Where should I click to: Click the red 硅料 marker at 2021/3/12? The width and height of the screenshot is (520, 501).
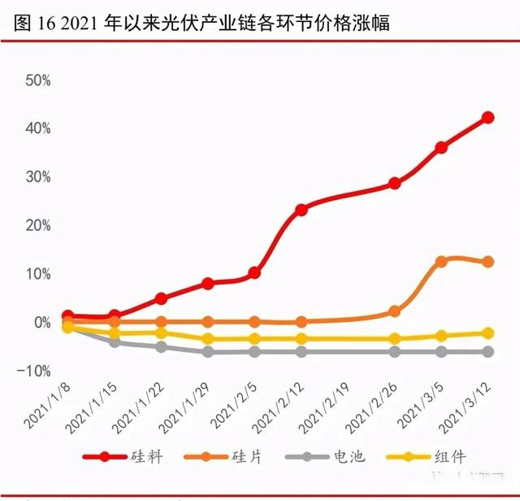488,117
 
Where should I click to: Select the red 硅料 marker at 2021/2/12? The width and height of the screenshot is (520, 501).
301,209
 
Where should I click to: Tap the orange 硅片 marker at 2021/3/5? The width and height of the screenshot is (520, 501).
441,262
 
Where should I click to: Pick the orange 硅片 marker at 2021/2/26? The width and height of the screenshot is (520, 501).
395,311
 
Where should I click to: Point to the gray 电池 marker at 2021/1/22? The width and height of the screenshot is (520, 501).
162,346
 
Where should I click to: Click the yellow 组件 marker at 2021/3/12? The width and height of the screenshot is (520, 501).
488,333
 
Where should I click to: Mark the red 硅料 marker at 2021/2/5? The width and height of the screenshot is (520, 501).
254,273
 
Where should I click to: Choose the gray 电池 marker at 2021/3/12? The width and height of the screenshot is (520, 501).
488,351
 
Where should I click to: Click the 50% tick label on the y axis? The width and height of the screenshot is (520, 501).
39,81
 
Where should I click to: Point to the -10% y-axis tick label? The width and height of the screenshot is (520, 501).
37,371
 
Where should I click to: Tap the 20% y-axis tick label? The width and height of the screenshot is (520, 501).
39,225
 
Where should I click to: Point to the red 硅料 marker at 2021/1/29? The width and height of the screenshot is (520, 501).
208,283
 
